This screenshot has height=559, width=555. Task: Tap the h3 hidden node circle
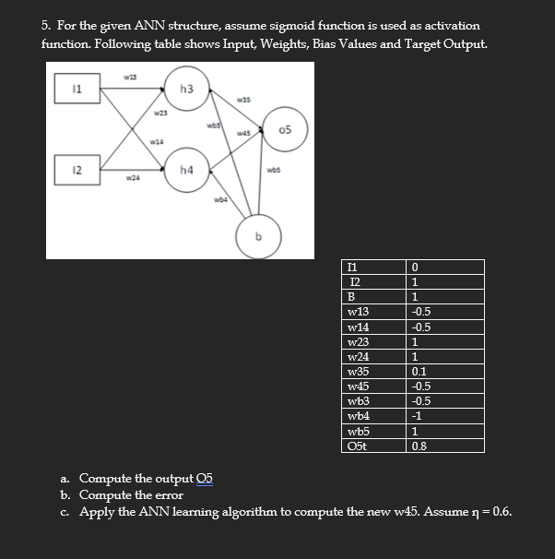click(x=186, y=89)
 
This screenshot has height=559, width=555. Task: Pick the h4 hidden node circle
click(x=186, y=170)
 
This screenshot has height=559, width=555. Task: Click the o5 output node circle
click(x=286, y=129)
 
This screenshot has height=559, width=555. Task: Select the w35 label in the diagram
click(x=244, y=100)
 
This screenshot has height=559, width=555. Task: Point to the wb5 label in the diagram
click(x=274, y=169)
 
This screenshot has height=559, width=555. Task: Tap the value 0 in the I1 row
click(x=417, y=268)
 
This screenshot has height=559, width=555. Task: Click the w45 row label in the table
click(x=357, y=387)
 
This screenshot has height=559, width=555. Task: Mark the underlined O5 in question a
click(x=204, y=478)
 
